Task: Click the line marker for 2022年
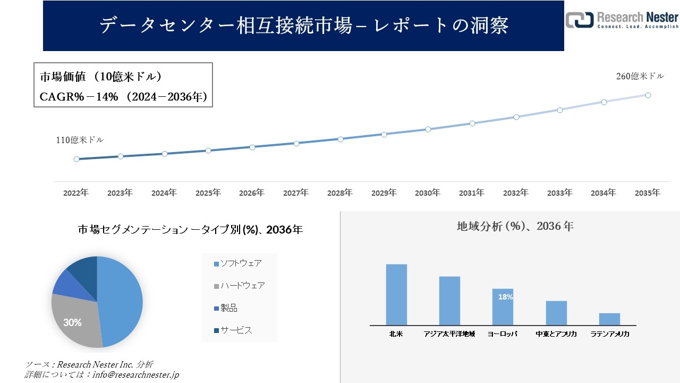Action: [x=76, y=159]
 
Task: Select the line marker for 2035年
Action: [x=648, y=95]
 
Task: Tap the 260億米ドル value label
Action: [x=640, y=76]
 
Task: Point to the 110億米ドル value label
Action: [x=80, y=140]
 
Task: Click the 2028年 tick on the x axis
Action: [x=339, y=193]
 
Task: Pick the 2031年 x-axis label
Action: [x=471, y=193]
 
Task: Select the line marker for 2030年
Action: [x=428, y=129]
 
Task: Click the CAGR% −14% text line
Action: [x=123, y=97]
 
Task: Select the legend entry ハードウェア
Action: [x=239, y=286]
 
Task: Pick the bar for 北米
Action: [x=396, y=295]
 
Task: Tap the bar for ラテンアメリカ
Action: [x=609, y=319]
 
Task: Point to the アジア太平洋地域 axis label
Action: [x=449, y=334]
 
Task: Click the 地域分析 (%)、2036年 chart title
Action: [x=515, y=226]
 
